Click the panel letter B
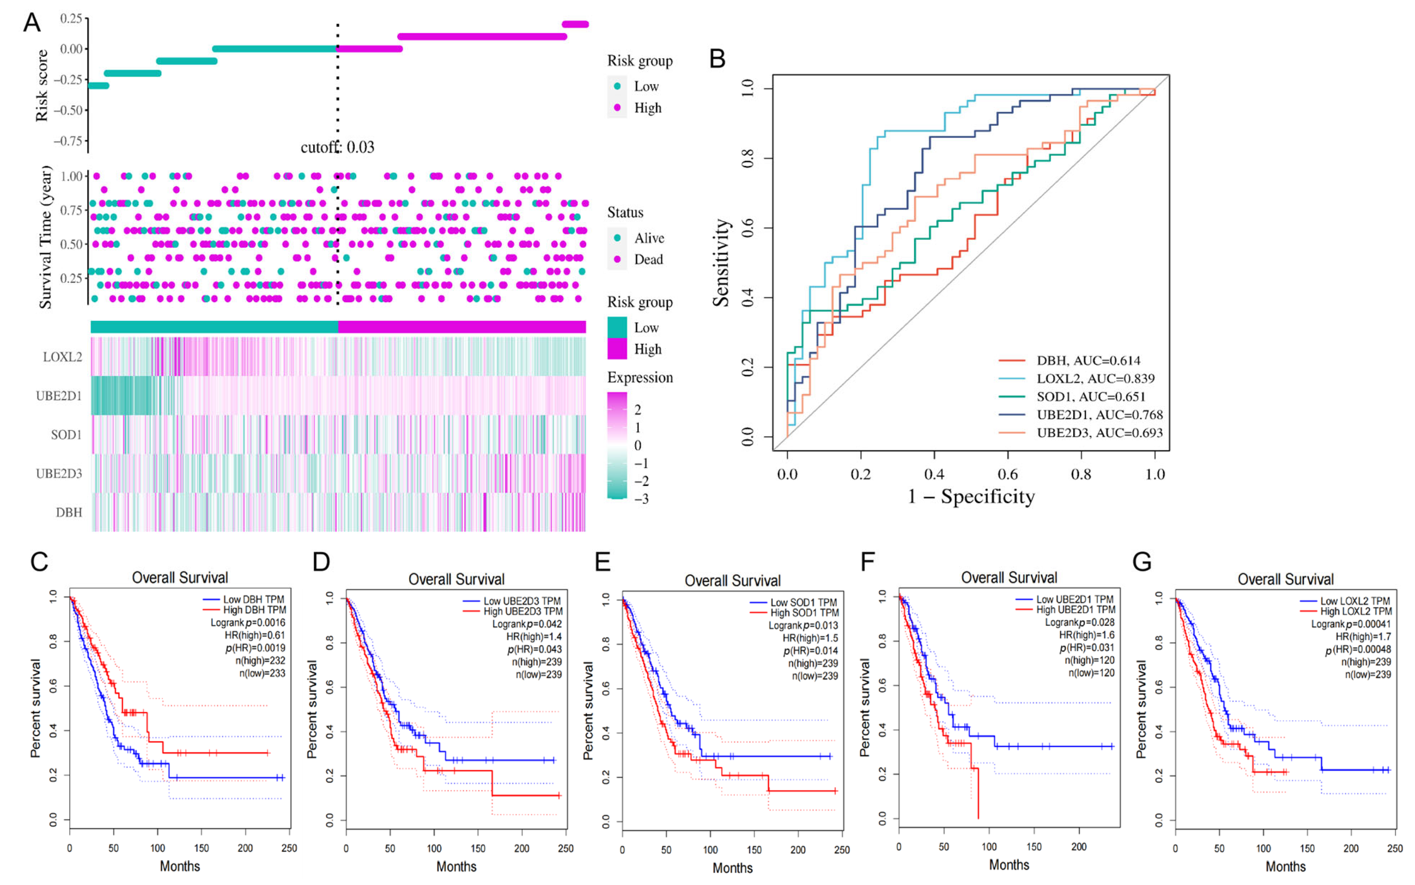[717, 59]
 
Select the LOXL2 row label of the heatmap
[62, 357]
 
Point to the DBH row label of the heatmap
[69, 513]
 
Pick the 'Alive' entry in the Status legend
[649, 238]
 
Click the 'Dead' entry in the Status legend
[648, 259]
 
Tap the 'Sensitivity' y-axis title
[721, 263]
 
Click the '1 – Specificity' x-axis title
[971, 496]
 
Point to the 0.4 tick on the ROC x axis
[935, 474]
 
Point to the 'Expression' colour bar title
[640, 378]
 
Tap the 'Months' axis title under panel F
[1009, 864]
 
